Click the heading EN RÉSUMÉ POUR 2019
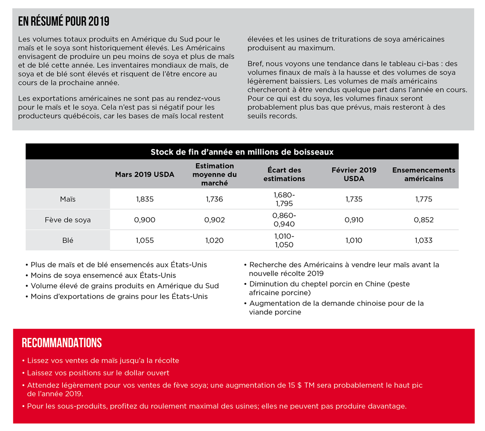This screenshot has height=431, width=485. [63, 22]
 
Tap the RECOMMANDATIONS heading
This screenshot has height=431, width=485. [62, 343]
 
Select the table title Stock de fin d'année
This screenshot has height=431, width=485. [242, 152]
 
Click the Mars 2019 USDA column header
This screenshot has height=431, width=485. [144, 175]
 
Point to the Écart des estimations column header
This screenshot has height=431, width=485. [284, 174]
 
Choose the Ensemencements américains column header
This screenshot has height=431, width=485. [423, 174]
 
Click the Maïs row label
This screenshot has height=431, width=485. [68, 199]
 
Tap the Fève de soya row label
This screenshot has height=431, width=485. [68, 220]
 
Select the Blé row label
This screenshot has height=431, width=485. [68, 240]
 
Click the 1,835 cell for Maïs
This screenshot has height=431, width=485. [144, 199]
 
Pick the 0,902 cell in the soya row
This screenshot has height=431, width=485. [214, 220]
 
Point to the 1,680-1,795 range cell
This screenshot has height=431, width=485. [284, 199]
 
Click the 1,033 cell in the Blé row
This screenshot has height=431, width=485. [423, 240]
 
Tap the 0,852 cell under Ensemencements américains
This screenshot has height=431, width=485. [423, 220]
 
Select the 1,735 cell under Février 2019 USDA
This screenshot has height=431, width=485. [354, 199]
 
